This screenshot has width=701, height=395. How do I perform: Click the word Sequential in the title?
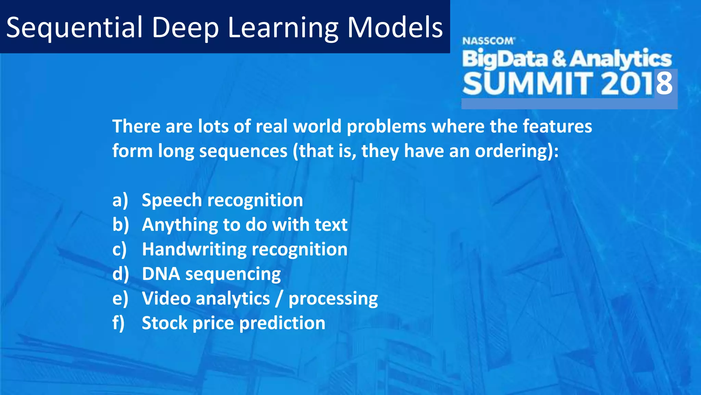[x=74, y=27]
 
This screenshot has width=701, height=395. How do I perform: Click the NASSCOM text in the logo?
[x=488, y=41]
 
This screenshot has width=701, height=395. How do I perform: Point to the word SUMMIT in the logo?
[x=527, y=84]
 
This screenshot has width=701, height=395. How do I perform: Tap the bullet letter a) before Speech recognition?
[x=120, y=200]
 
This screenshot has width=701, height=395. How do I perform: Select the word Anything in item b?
[x=180, y=225]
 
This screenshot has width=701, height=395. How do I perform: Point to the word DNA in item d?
[x=161, y=274]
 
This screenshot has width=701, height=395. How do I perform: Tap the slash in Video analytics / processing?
[x=279, y=299]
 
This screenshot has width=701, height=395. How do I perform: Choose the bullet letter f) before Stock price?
[x=118, y=323]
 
